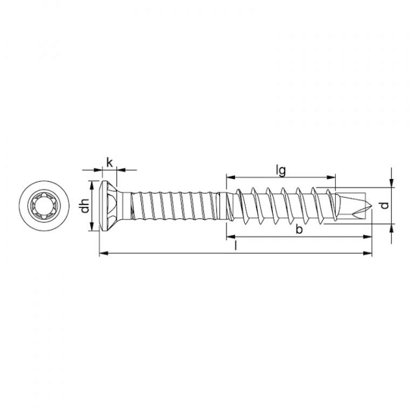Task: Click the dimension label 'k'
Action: [x=109, y=162]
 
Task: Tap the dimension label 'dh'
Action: [x=85, y=206]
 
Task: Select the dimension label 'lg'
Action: [x=281, y=171]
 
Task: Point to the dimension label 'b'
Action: [x=299, y=229]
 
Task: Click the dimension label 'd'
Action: [x=385, y=205]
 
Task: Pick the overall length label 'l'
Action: [x=236, y=246]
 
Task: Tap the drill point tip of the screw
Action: [x=371, y=206]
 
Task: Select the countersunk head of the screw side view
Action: [x=109, y=206]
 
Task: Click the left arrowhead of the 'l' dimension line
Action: [x=103, y=253]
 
